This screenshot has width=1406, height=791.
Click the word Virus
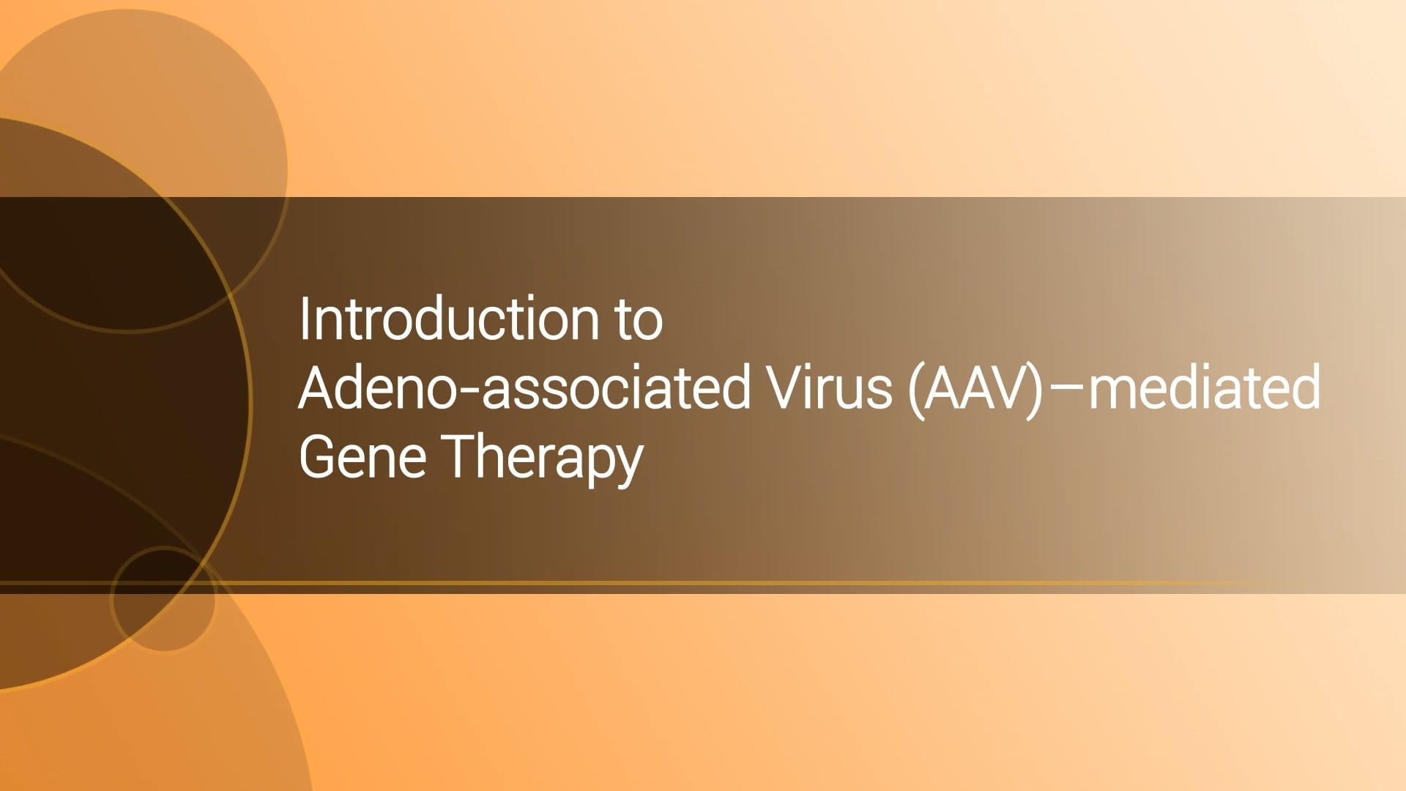point(830,387)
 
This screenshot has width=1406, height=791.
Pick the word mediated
point(1205,387)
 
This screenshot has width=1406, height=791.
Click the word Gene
point(362,456)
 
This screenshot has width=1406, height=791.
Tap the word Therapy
point(544,457)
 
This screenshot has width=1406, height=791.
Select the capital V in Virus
point(788,387)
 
